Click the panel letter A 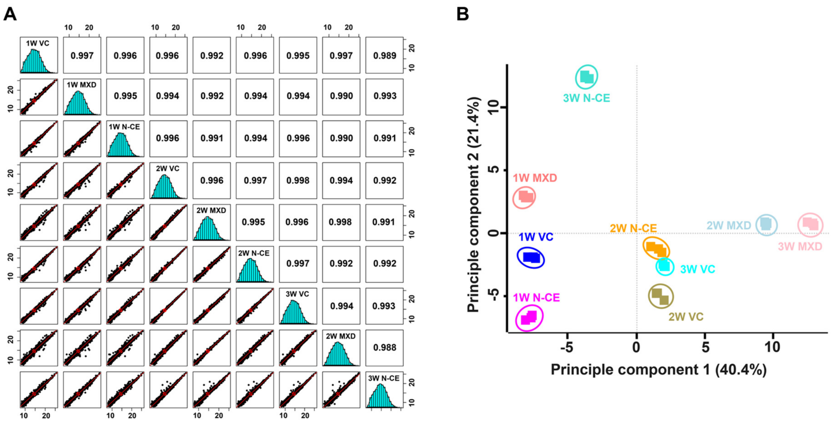10,15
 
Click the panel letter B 463,15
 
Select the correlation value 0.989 384,56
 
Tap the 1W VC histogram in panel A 34,62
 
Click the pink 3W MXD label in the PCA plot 800,246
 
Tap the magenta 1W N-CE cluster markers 529,318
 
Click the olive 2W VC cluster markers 660,296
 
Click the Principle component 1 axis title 659,370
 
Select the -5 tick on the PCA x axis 567,347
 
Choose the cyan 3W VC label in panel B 697,269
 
